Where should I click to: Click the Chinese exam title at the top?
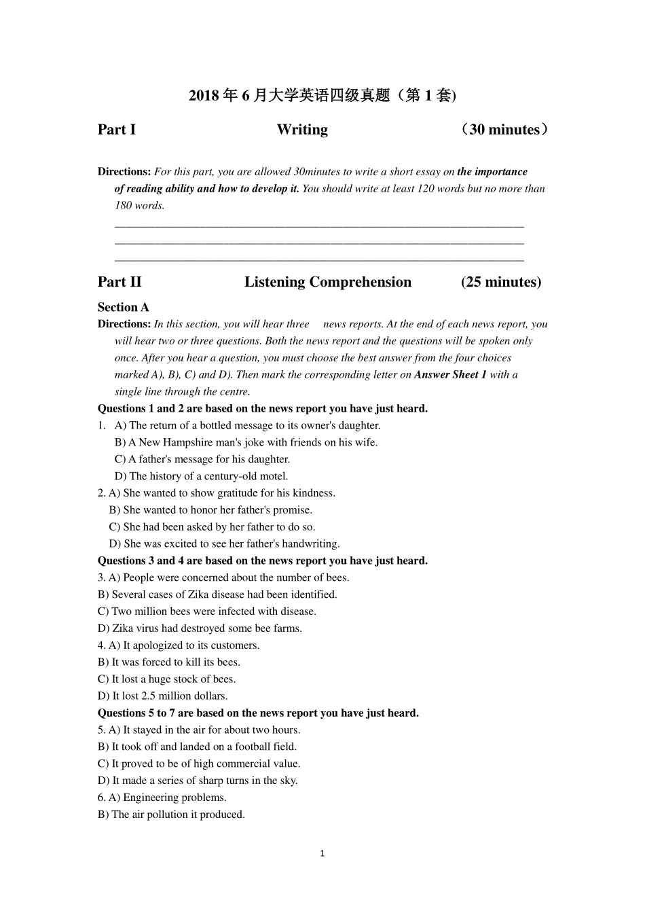point(322,96)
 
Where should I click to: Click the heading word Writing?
point(302,130)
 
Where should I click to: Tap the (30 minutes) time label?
point(503,130)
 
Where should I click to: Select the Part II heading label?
point(119,282)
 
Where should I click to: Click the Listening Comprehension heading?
point(328,282)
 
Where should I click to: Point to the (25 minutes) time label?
point(501,282)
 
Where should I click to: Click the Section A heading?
point(123,307)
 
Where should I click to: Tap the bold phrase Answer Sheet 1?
point(450,375)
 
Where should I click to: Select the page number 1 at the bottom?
point(322,853)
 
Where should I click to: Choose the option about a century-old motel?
point(202,476)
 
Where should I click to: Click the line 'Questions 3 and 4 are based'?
point(263,561)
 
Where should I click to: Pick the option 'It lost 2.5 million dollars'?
point(163,696)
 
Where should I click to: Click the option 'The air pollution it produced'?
point(172,814)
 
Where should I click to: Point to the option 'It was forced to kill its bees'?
point(169,662)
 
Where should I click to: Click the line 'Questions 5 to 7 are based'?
point(258,713)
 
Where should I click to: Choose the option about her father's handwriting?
point(225,544)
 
